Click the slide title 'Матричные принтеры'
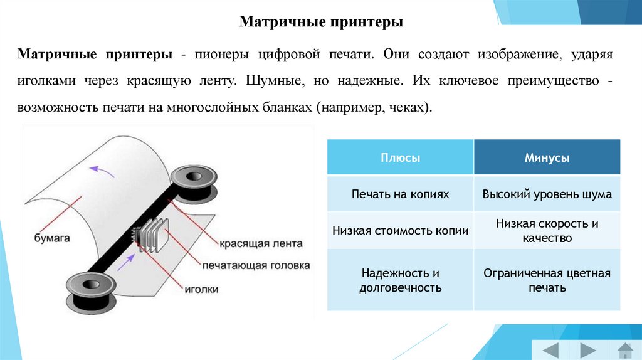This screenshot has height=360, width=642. point(320,23)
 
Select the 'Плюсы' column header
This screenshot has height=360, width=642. point(400,158)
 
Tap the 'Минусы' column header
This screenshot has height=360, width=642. point(547,158)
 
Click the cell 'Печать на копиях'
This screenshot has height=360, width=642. point(400,194)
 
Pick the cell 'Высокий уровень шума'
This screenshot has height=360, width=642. point(547,194)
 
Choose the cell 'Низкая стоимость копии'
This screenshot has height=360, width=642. point(400,230)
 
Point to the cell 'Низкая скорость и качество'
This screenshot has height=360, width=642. point(547,230)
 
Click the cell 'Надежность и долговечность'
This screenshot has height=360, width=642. point(400,280)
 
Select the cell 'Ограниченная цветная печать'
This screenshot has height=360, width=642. point(547,280)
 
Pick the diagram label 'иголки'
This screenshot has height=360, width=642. point(202,289)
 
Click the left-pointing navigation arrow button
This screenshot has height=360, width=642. point(550,349)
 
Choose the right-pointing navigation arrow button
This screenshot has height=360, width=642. point(587,349)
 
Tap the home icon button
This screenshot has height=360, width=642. point(624,349)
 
